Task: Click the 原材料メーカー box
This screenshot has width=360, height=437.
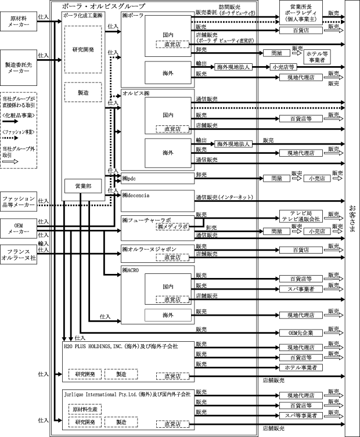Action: pos(20,22)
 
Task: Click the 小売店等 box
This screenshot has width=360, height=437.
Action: pos(285,67)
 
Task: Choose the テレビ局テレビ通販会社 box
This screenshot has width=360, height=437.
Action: pos(300,216)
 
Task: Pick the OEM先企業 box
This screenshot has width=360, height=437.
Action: pos(300,333)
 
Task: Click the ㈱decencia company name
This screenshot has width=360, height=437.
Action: pos(136,195)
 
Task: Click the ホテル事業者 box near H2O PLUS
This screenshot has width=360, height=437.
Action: pos(300,367)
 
